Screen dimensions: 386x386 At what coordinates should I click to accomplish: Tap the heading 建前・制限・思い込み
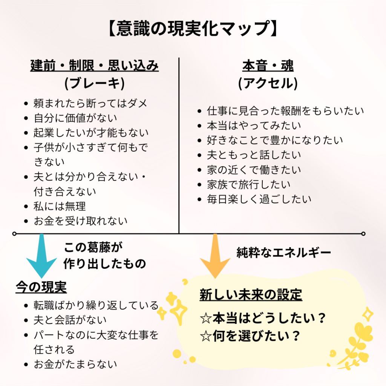point(94,66)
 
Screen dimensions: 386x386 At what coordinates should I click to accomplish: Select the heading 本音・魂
point(268,66)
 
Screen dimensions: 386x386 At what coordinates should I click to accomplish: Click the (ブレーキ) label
point(94,83)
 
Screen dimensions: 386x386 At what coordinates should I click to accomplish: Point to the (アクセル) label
point(268,83)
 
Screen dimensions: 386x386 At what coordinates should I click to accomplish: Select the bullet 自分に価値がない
point(75,118)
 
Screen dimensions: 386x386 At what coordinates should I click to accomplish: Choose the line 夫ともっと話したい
point(254,155)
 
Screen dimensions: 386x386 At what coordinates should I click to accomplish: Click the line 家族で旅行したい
point(249,184)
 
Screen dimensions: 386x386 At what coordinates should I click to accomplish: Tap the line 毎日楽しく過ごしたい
point(259,199)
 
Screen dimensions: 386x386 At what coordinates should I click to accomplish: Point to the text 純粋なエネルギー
point(283,252)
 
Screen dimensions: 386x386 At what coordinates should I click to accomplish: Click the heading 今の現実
point(41,288)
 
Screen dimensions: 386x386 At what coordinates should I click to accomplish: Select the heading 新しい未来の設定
point(251,295)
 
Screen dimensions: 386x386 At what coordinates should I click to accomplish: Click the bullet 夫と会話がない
point(70,320)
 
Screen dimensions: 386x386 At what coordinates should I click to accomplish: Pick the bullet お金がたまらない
point(75,364)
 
